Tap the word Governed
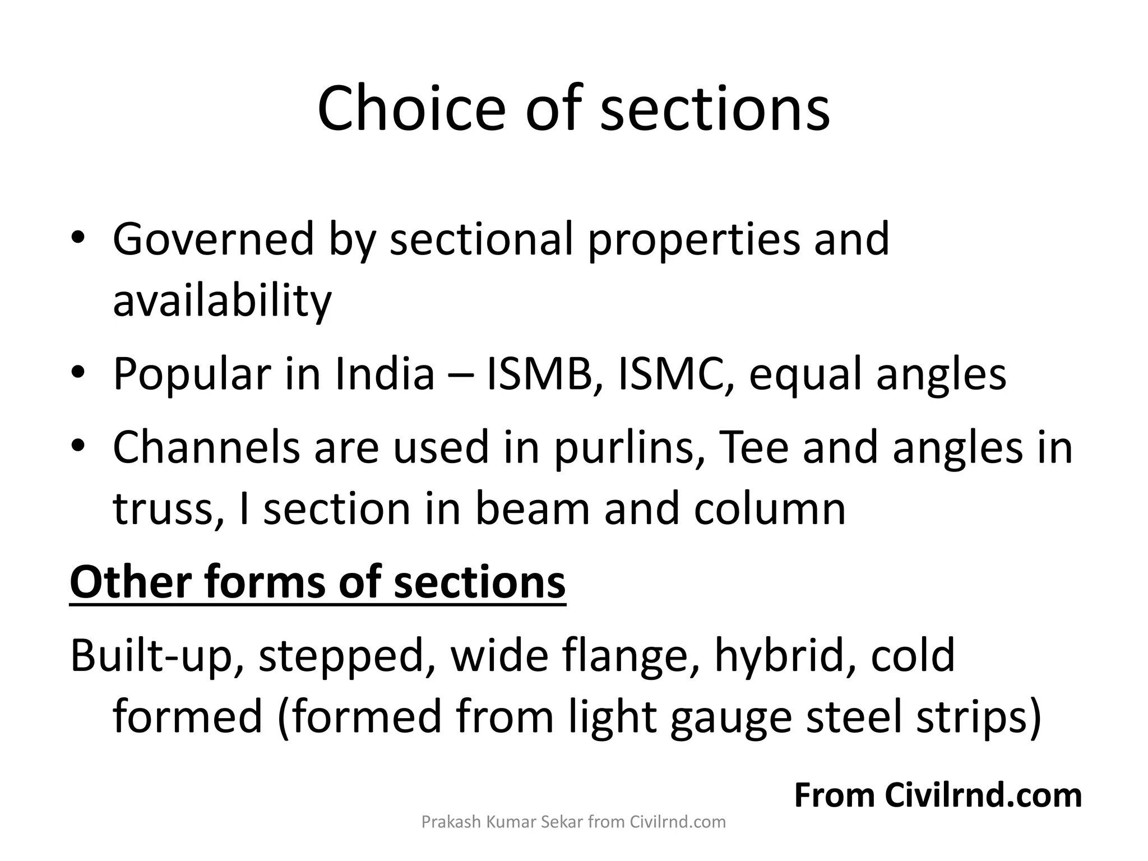214,239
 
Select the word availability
223,301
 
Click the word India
385,374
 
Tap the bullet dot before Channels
78,447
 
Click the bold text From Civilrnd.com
938,795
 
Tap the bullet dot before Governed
78,239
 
